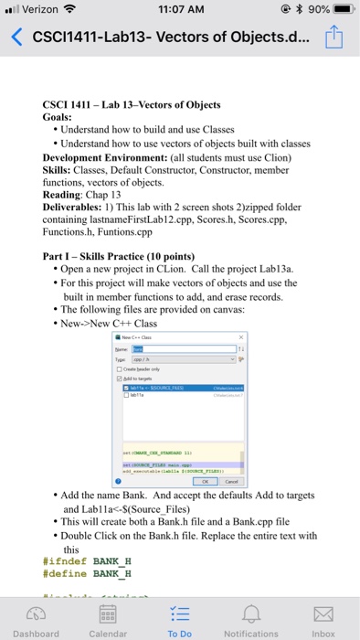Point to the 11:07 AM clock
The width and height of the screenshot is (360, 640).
180,10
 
